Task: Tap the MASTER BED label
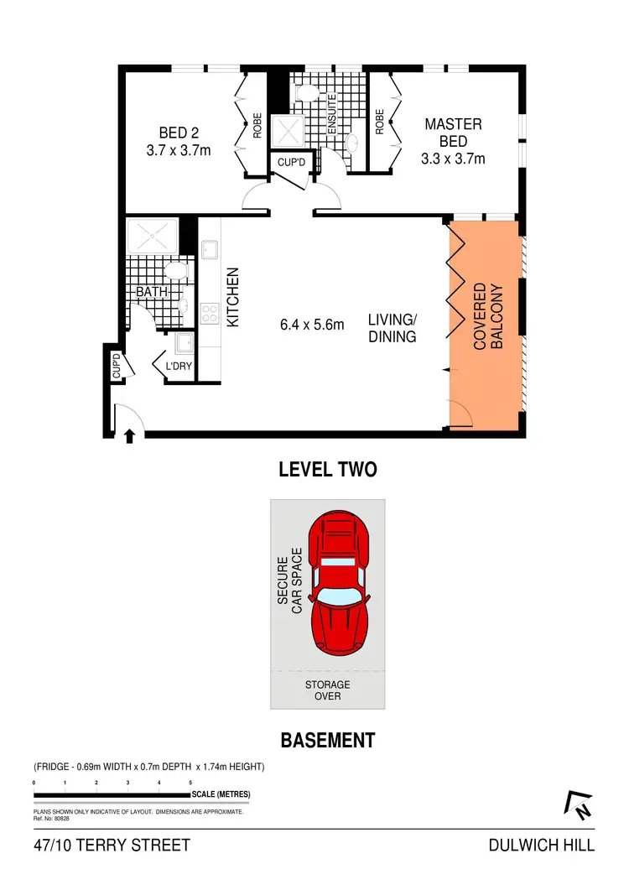(x=453, y=141)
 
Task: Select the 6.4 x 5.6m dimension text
(x=312, y=325)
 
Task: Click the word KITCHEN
(x=234, y=298)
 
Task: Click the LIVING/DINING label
(x=392, y=328)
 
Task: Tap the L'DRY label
(x=177, y=367)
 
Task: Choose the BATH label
(x=153, y=292)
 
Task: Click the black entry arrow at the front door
(x=130, y=435)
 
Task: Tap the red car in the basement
(x=339, y=587)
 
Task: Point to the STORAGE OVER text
(x=327, y=690)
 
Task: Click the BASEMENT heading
(x=327, y=741)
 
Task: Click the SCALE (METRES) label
(x=221, y=794)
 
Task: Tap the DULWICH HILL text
(x=541, y=845)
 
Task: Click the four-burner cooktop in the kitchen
(x=210, y=315)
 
